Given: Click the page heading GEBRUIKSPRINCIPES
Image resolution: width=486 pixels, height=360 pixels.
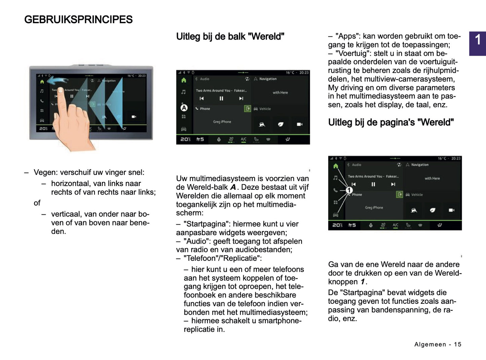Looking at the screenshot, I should pyautogui.click(x=78, y=20).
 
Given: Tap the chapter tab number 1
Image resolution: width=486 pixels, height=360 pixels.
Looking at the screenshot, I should pyautogui.click(x=478, y=40).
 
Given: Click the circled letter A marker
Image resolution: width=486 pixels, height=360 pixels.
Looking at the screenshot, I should pyautogui.click(x=184, y=108).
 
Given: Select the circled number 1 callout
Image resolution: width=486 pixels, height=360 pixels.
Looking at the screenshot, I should pyautogui.click(x=349, y=190).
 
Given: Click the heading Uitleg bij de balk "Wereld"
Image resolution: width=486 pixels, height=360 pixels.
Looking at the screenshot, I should pyautogui.click(x=230, y=36).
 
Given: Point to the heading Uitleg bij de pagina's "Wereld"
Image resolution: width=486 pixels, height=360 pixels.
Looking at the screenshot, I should pyautogui.click(x=391, y=122).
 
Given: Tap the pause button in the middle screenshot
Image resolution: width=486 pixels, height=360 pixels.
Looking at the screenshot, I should pyautogui.click(x=221, y=99).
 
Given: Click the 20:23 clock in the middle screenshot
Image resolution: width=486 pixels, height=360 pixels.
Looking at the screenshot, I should pyautogui.click(x=304, y=72).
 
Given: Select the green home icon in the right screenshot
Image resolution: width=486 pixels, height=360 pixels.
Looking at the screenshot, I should pyautogui.click(x=335, y=166).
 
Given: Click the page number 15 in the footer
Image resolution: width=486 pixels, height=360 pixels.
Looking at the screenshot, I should pyautogui.click(x=457, y=344).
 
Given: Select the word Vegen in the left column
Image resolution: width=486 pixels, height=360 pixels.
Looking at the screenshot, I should pyautogui.click(x=45, y=172).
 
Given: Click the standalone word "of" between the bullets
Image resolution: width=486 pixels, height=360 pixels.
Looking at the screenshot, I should pyautogui.click(x=37, y=203).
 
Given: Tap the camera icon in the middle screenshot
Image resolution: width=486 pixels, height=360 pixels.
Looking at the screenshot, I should pyautogui.click(x=299, y=124).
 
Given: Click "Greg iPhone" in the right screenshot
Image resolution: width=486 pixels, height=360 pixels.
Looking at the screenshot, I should pyautogui.click(x=374, y=208).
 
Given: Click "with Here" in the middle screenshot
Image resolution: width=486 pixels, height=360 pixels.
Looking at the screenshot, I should pyautogui.click(x=280, y=93).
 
